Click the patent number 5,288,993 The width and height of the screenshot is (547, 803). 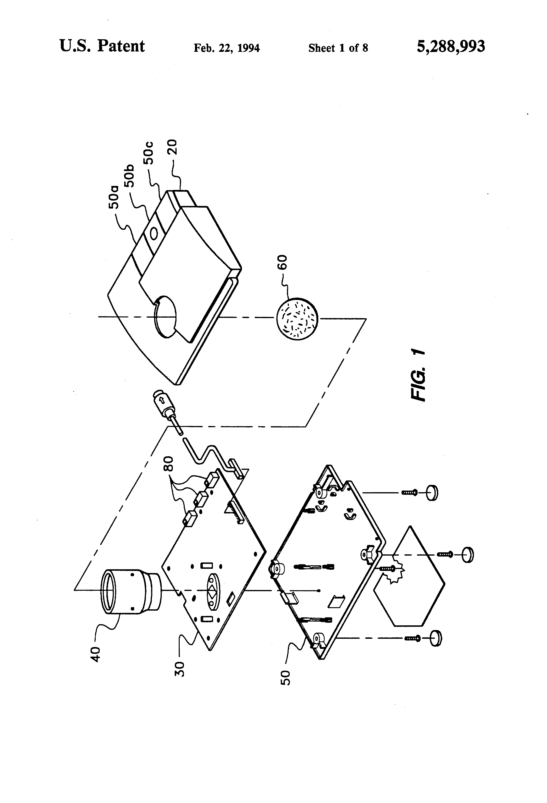pyautogui.click(x=451, y=46)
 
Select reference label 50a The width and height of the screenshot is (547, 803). pyautogui.click(x=113, y=197)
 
